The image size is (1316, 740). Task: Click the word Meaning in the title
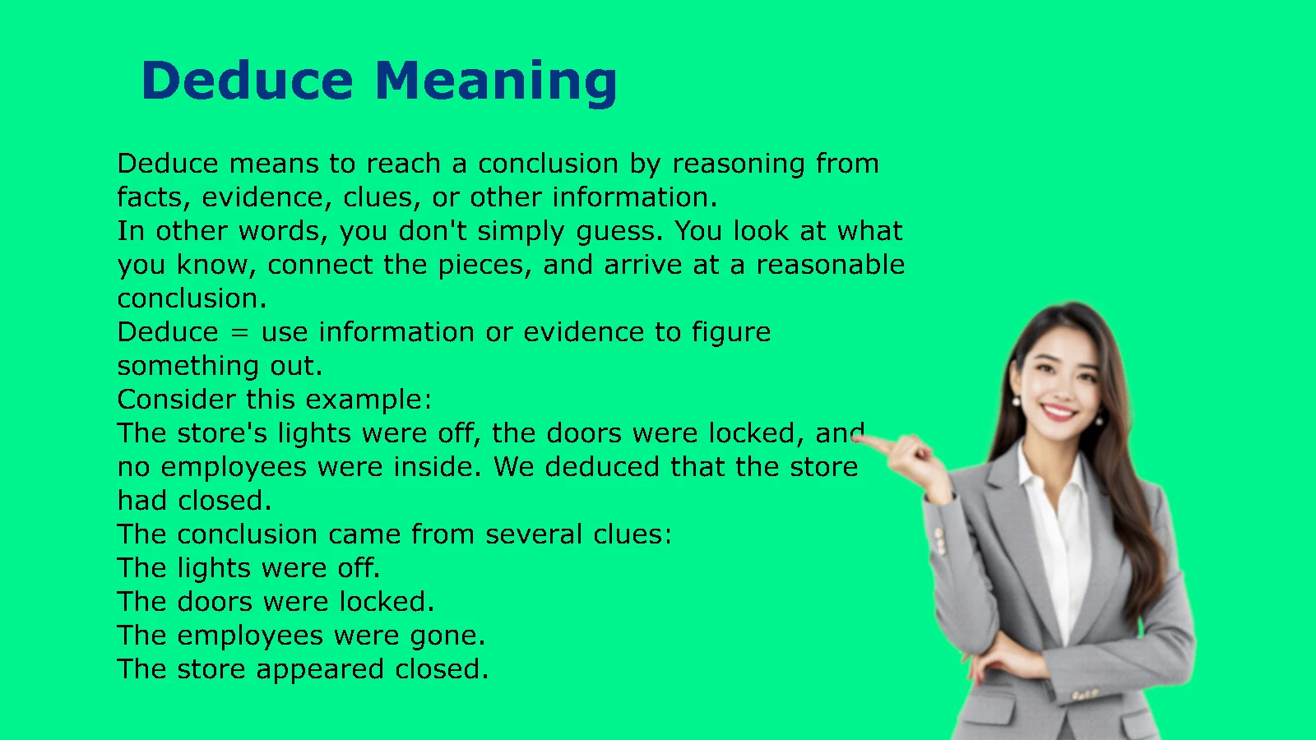(x=495, y=82)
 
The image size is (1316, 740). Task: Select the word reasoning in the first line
(x=738, y=165)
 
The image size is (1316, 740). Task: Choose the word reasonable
(x=830, y=264)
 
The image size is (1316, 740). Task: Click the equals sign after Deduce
(x=239, y=333)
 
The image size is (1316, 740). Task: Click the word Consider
(x=177, y=400)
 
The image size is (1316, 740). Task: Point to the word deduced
(x=602, y=467)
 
